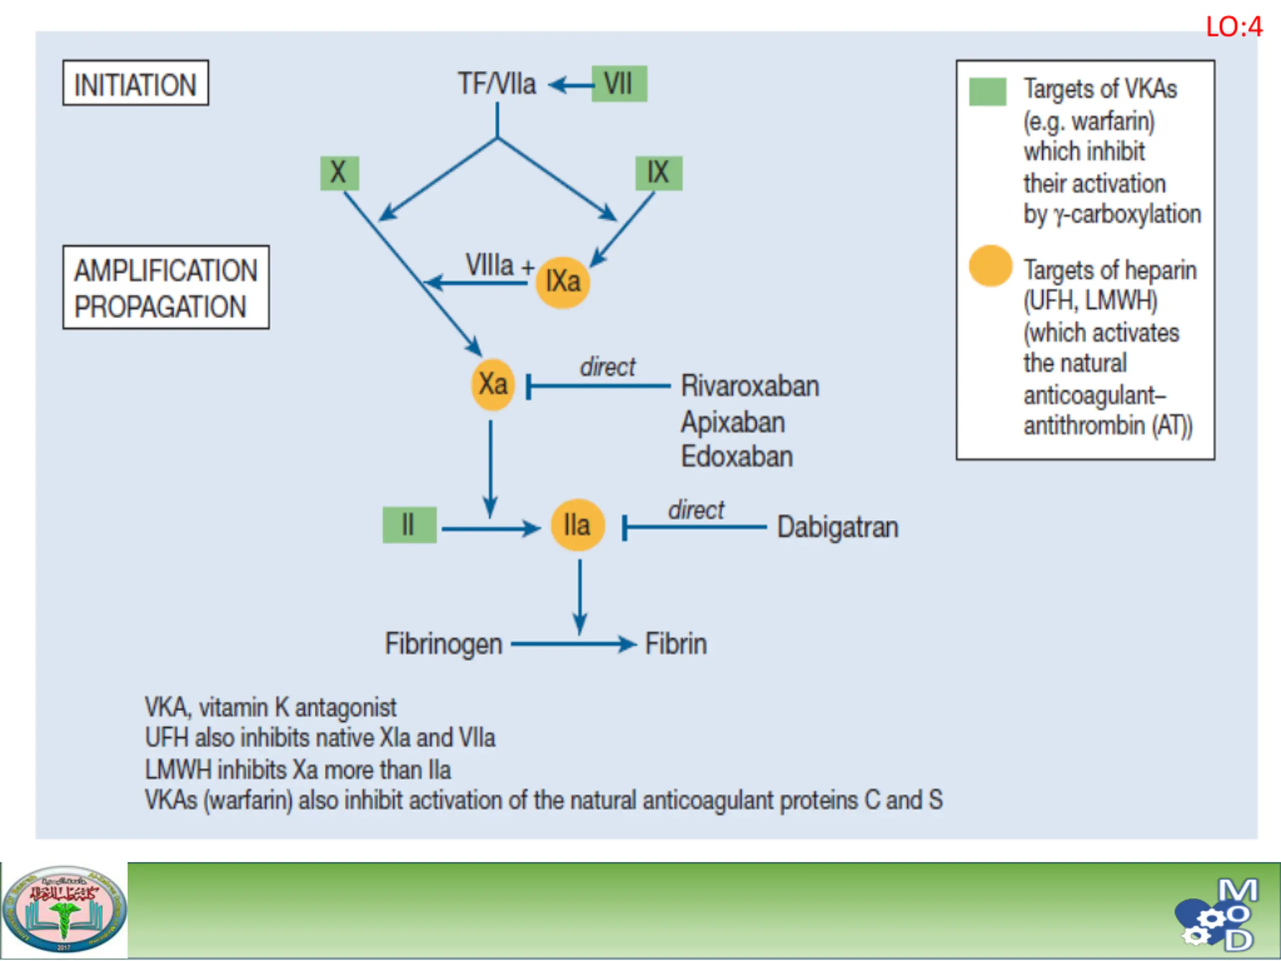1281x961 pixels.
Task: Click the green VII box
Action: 619,84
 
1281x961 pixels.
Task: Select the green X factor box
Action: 339,173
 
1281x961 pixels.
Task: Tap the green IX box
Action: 659,173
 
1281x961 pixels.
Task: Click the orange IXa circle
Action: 562,283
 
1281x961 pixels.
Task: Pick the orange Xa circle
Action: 493,384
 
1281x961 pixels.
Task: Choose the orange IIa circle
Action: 577,525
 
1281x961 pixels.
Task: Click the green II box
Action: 409,525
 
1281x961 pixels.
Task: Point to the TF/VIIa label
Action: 497,84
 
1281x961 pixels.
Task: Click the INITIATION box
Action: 136,83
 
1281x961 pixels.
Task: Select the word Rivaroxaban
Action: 750,386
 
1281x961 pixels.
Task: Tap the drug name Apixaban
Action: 733,422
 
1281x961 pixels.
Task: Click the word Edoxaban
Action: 737,456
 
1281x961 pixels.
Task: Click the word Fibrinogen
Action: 444,644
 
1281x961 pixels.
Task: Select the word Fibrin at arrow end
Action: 676,644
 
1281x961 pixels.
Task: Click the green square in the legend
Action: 987,92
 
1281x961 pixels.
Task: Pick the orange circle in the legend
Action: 990,266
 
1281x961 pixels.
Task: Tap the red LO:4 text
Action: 1233,27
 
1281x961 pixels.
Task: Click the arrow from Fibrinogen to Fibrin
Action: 573,644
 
